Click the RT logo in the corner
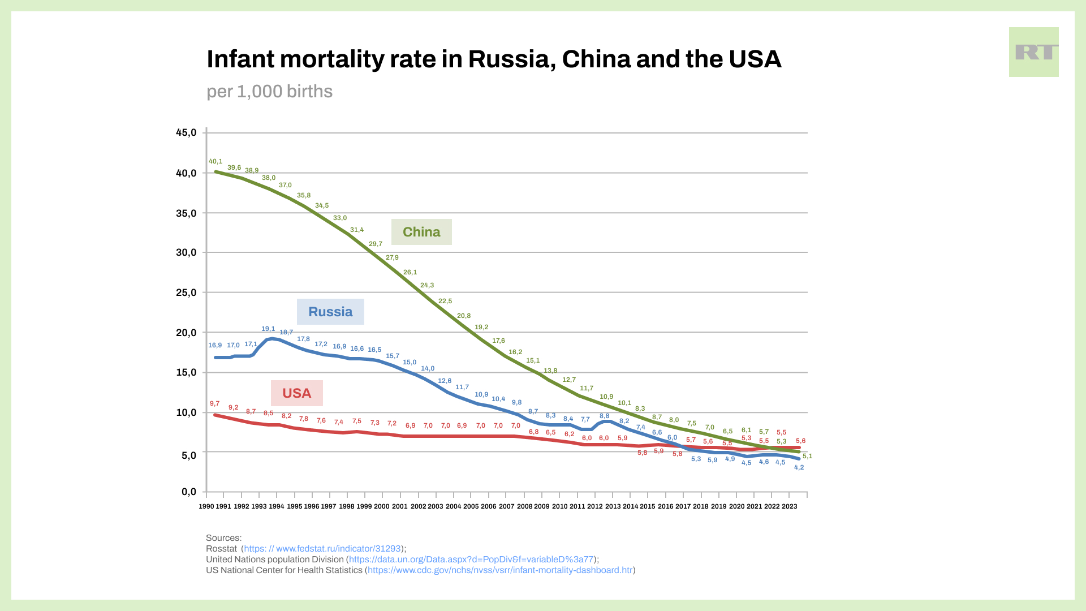pyautogui.click(x=1033, y=52)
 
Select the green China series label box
pyautogui.click(x=421, y=232)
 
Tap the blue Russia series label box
pyautogui.click(x=330, y=312)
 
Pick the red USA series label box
pyautogui.click(x=296, y=393)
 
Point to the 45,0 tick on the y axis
pyautogui.click(x=186, y=133)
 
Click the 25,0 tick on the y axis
pyautogui.click(x=186, y=292)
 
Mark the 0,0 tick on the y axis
pyautogui.click(x=189, y=492)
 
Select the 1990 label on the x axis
pyautogui.click(x=206, y=506)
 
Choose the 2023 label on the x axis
pyautogui.click(x=789, y=506)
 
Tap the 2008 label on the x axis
pyautogui.click(x=524, y=506)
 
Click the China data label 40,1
pyautogui.click(x=216, y=162)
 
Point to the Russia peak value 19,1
pyautogui.click(x=268, y=329)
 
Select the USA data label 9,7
pyautogui.click(x=214, y=404)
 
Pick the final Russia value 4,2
pyautogui.click(x=799, y=468)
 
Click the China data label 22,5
pyautogui.click(x=445, y=302)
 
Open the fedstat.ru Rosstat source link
pyautogui.click(x=322, y=549)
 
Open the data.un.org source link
pyautogui.click(x=471, y=560)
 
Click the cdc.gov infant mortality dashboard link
pyautogui.click(x=500, y=570)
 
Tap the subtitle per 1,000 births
pyautogui.click(x=269, y=92)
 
